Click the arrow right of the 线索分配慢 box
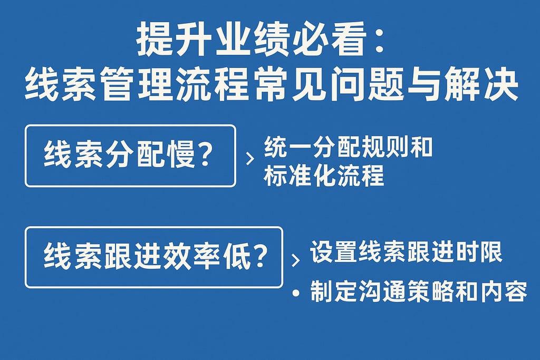tap(249, 158)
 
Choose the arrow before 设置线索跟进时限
tap(295, 260)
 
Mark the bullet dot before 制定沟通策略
tap(298, 293)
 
